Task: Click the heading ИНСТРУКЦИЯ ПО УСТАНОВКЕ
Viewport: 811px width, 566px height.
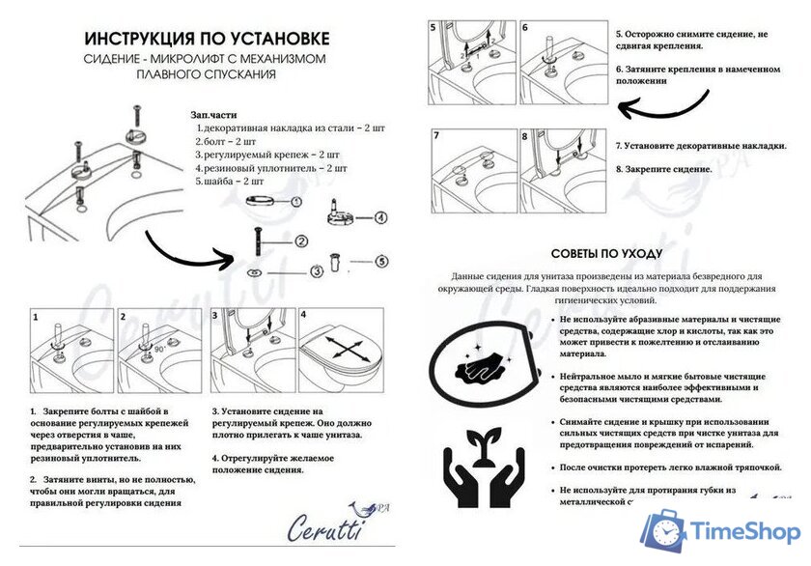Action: click(x=207, y=39)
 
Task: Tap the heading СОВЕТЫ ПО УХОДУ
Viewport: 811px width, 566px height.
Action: click(x=606, y=253)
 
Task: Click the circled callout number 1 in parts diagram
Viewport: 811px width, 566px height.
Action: click(x=296, y=202)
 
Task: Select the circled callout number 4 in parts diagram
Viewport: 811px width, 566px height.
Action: click(x=381, y=218)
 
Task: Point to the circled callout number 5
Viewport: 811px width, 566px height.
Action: click(x=381, y=260)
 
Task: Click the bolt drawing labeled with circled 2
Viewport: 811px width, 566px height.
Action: click(x=258, y=238)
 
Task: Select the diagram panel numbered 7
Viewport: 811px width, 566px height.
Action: click(x=471, y=172)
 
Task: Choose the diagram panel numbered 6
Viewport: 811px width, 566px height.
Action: click(x=561, y=64)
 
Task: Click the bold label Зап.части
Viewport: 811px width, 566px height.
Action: click(x=213, y=114)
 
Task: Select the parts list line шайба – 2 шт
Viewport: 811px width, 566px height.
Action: click(x=230, y=181)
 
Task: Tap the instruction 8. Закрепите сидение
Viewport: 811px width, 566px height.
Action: click(x=664, y=169)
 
